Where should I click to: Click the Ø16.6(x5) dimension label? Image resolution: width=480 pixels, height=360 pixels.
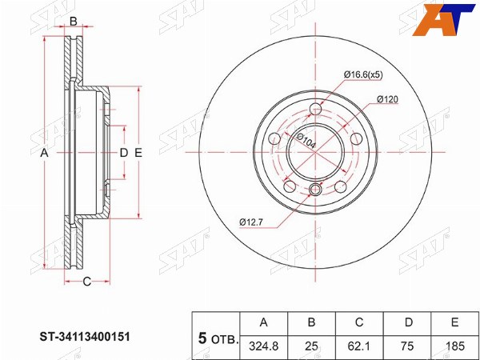tap(363, 74)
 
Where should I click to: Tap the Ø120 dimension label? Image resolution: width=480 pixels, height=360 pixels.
tap(387, 99)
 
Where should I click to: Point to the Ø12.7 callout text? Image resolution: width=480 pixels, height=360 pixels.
tap(251, 222)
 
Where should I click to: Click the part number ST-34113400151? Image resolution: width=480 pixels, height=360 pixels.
tap(85, 337)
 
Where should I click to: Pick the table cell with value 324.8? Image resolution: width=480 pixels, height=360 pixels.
tap(264, 346)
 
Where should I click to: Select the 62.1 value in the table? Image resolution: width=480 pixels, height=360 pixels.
tap(359, 346)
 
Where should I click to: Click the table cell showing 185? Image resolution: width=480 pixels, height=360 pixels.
tap(455, 346)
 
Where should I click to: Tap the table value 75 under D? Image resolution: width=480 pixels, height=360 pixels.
tap(407, 346)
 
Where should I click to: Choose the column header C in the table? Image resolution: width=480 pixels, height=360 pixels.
tap(359, 322)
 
